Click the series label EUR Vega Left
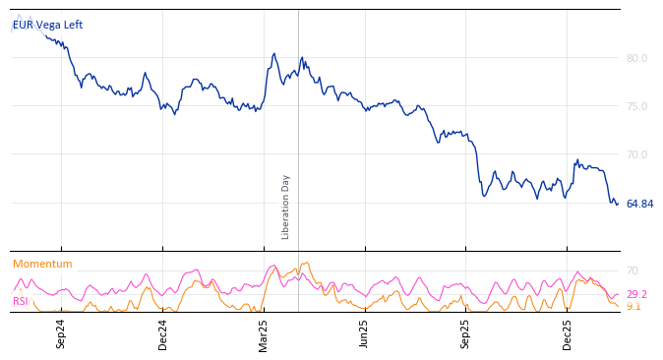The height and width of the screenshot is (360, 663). tap(47, 25)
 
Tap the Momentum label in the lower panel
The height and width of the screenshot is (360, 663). tap(42, 264)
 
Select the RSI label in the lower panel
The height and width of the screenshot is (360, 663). tap(21, 301)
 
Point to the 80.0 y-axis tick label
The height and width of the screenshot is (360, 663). tap(636, 58)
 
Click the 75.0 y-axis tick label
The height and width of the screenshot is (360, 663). tap(636, 106)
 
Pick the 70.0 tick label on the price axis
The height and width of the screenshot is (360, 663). tap(636, 154)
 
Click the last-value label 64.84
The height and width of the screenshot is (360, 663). tap(639, 204)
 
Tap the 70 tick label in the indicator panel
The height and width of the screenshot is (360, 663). tap(633, 270)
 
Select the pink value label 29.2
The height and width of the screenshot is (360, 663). tap(636, 294)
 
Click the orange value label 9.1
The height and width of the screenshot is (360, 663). tap(633, 306)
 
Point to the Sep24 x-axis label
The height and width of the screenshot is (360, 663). tap(61, 333)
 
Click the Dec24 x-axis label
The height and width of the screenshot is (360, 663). tap(163, 333)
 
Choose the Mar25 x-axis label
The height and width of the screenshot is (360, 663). tap(264, 333)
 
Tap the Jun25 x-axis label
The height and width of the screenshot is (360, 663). tap(365, 333)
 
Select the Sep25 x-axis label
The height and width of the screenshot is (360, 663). tap(466, 333)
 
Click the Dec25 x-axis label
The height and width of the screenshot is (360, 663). tap(568, 333)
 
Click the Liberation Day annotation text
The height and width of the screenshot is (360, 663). tap(286, 207)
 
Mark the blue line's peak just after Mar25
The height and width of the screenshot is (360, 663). tap(274, 54)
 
